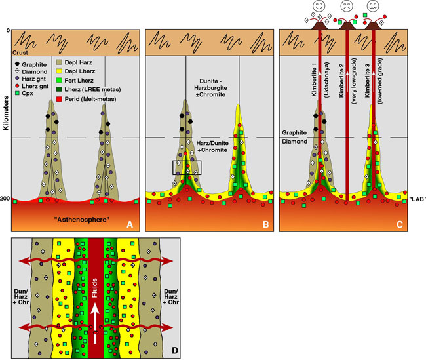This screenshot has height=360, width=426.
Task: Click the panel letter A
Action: [x=130, y=224]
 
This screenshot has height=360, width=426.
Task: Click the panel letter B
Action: [x=265, y=224]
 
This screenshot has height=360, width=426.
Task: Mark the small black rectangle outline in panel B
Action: [x=187, y=168]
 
